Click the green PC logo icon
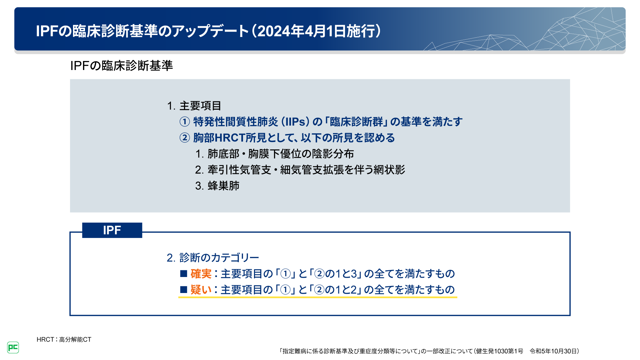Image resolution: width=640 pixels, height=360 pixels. tap(13, 347)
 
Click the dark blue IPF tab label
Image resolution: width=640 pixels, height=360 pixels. tap(112, 230)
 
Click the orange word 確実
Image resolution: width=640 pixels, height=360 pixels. tap(201, 274)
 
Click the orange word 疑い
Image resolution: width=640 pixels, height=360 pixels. tap(201, 290)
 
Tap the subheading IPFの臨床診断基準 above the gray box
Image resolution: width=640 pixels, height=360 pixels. tap(121, 66)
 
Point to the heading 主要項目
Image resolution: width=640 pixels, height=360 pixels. tap(200, 106)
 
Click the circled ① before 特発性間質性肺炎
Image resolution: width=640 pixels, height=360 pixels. tap(185, 122)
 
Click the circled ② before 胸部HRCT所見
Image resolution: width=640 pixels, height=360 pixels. tap(185, 138)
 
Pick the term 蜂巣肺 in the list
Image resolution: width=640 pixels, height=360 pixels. tap(223, 186)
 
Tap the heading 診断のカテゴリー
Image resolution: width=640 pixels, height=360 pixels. tap(219, 258)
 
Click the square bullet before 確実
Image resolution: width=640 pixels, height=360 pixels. tap(184, 274)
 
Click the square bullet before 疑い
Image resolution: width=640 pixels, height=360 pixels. tap(184, 290)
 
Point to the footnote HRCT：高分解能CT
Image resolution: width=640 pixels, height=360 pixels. tap(64, 339)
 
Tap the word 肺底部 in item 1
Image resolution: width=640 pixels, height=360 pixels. tap(223, 154)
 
